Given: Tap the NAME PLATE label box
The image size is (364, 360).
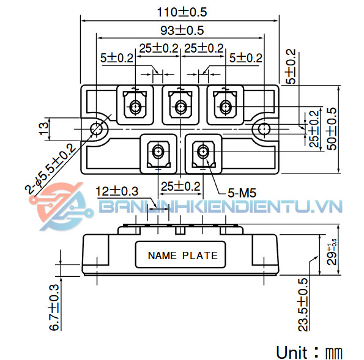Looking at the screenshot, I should point(182,255).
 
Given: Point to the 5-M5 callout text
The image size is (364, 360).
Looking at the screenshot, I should point(242,193).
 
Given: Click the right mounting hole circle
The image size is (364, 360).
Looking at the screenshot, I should point(264,129).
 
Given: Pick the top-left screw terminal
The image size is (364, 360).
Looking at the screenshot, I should point(135,108).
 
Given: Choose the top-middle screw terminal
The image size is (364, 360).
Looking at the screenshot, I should point(180,108).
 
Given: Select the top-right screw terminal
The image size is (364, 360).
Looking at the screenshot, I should point(225,108).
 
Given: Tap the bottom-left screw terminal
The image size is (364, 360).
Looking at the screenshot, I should point(158,151).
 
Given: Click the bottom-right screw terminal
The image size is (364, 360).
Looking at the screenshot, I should point(202,151).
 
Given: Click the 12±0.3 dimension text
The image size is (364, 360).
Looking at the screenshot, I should point(117,191).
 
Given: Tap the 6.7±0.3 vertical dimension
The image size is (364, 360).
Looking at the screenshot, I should point(53,307).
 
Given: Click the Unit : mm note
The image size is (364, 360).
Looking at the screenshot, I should point(309,353).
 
